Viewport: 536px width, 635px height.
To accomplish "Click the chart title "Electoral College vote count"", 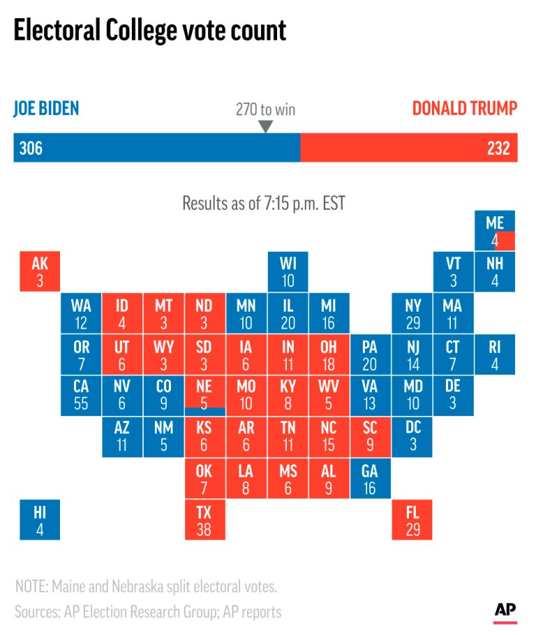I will tap(149, 31).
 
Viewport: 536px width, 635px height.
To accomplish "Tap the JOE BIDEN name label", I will tap(47, 109).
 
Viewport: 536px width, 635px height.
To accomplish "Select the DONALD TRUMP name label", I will tap(464, 109).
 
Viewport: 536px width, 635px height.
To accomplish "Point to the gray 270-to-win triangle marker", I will tap(265, 127).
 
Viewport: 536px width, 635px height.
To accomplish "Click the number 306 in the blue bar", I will tap(31, 148).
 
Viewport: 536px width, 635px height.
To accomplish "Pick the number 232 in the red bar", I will tap(498, 148).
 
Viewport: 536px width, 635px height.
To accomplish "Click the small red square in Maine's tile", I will tap(505, 241).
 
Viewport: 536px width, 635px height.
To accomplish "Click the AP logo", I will tap(506, 610).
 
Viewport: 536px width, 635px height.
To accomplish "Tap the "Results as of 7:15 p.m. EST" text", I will tap(264, 203).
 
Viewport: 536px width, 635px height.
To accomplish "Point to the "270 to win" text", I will tap(265, 110).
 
